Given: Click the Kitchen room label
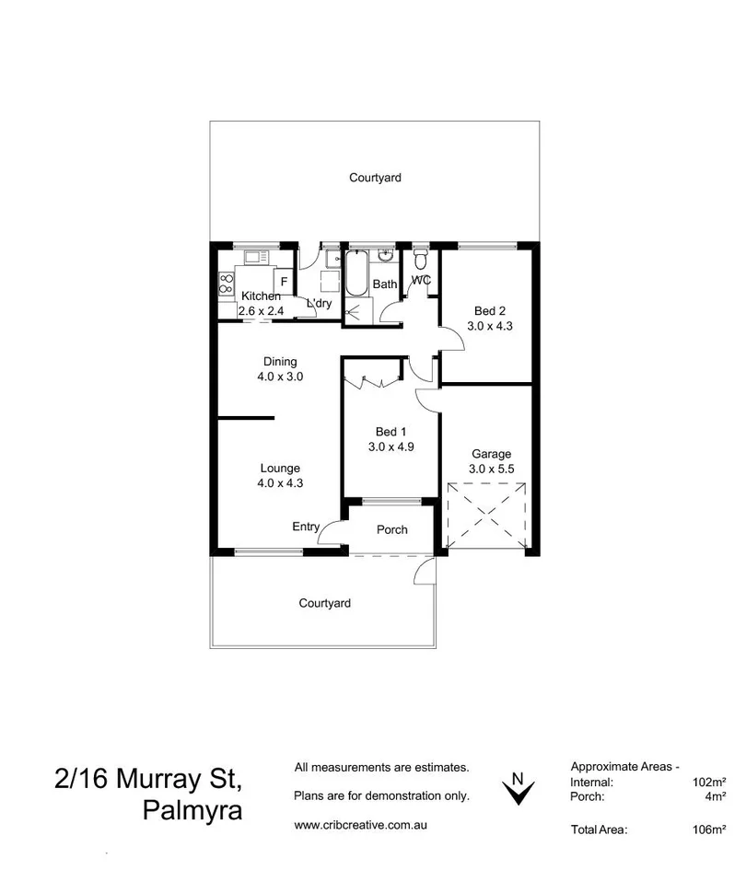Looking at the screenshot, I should pos(261,296).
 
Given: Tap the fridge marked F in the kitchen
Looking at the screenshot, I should pos(284,281).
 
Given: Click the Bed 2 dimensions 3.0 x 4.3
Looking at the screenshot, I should pos(489,325).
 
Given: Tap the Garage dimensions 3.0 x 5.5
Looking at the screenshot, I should pos(491,469).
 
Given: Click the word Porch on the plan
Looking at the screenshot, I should pos(391,529).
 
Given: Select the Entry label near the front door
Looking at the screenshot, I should pos(306,527).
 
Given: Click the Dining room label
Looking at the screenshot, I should pos(280,362).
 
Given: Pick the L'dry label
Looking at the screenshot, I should pos(320,303).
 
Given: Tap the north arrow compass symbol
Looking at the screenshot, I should pos(517,787).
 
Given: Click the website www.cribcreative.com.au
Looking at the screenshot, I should pos(360,825).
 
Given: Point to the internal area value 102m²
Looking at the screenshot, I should pos(709,783).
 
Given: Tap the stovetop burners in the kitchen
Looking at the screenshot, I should pos(224,284).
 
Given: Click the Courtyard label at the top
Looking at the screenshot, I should pos(375,178).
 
